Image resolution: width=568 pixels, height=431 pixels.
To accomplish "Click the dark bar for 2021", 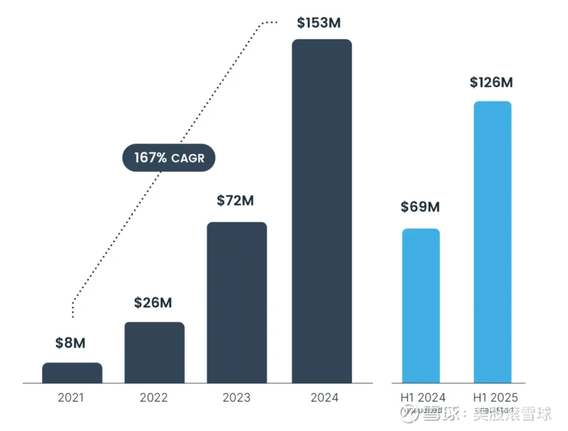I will click(x=72, y=373).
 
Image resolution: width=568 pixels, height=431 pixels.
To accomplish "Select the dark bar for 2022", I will click(x=154, y=352).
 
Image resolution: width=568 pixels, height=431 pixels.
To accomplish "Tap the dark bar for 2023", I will click(x=237, y=302).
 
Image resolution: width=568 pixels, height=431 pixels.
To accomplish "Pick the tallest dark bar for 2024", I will click(x=321, y=211).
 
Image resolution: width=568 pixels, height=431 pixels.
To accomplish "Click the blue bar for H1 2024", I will click(x=420, y=306).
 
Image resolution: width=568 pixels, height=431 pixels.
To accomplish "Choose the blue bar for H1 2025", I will click(x=492, y=242).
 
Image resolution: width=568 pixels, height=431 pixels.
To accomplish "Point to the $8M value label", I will click(x=70, y=343).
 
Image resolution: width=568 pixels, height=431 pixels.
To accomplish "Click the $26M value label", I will click(x=153, y=303).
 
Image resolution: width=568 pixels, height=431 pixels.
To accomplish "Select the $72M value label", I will click(x=235, y=201).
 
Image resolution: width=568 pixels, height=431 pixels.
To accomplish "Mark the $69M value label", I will click(x=420, y=207).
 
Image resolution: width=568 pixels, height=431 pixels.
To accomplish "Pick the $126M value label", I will click(x=491, y=83).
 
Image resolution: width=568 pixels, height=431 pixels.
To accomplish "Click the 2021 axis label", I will click(x=71, y=397).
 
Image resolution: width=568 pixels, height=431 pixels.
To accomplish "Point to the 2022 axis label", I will click(x=154, y=397).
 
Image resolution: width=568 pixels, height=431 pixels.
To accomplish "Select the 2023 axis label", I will click(x=237, y=397).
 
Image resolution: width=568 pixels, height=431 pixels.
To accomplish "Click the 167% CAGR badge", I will click(x=169, y=158).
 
